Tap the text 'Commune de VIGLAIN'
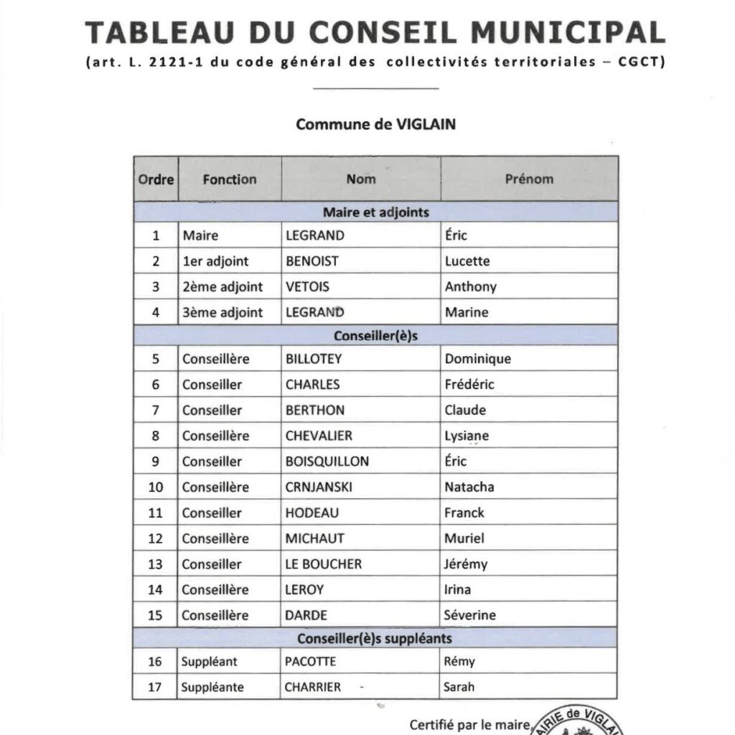tap(375, 123)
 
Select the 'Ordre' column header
tap(156, 179)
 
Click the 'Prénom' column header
tap(529, 179)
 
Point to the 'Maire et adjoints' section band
tap(375, 212)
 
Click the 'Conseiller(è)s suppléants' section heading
tap(375, 637)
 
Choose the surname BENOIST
tap(312, 261)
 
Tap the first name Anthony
tap(470, 287)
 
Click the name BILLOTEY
tap(314, 359)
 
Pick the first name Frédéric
tap(469, 385)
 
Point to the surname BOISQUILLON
tap(327, 462)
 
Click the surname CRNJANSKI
tap(319, 487)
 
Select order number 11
tap(156, 513)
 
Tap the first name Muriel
tap(464, 538)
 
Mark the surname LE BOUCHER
tap(324, 564)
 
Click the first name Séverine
tap(470, 615)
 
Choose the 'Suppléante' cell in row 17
tap(212, 687)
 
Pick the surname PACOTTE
tap(310, 662)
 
